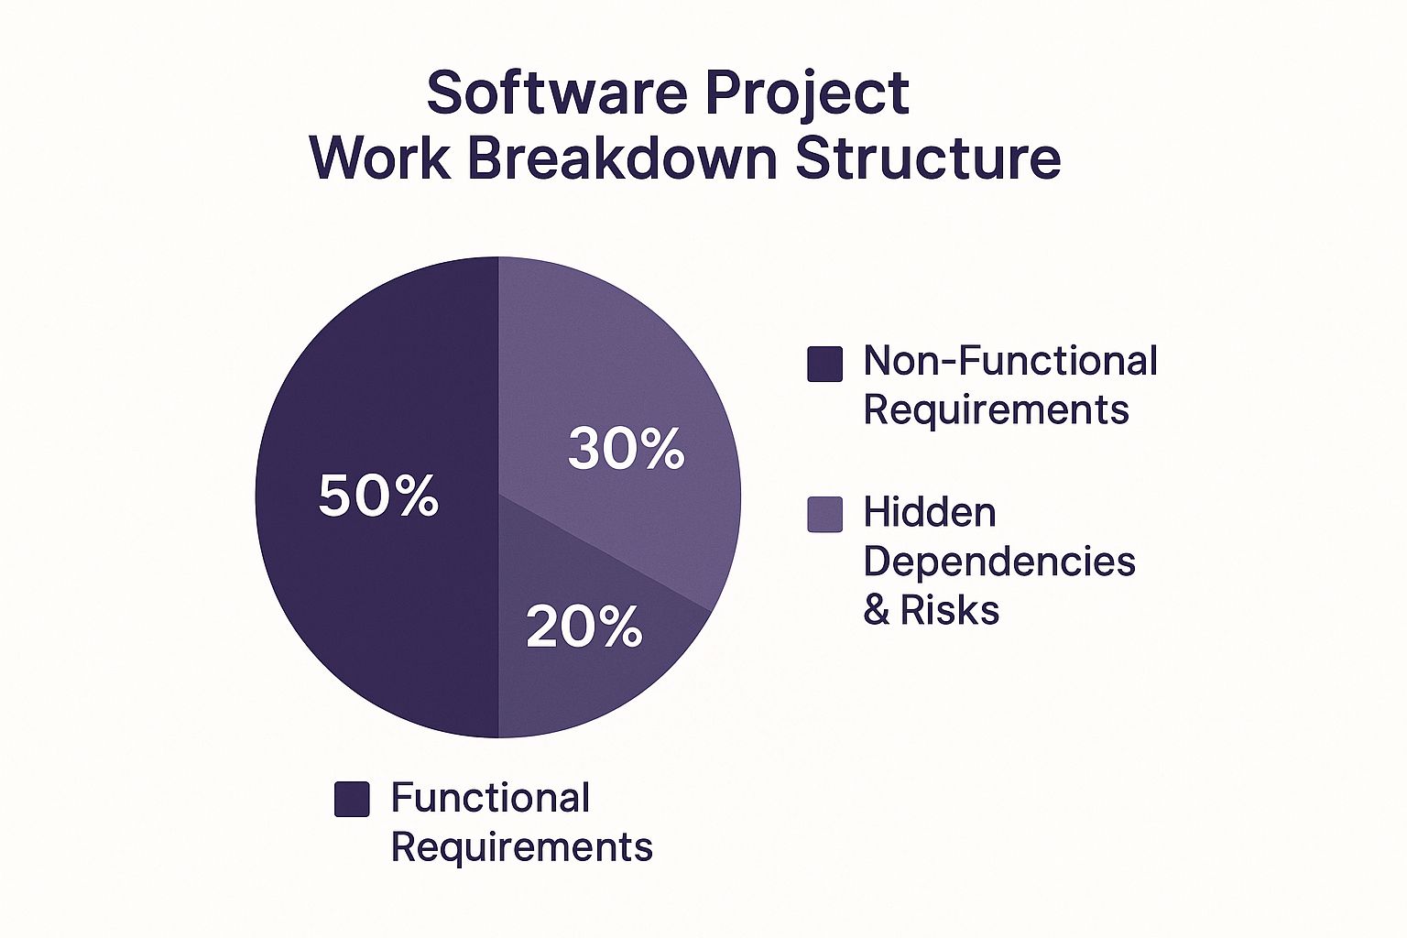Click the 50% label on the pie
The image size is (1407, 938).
378,496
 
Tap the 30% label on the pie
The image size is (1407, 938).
627,448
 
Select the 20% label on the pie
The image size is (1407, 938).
584,627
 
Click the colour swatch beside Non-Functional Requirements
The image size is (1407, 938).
824,364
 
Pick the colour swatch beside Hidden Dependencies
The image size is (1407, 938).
824,515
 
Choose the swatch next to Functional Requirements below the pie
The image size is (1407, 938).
352,799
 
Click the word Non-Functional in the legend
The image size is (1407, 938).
1010,361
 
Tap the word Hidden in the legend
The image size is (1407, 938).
930,512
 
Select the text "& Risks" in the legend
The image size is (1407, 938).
932,609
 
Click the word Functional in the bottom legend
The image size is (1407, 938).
491,797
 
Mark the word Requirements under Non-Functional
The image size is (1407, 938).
997,411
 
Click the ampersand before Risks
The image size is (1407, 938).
877,609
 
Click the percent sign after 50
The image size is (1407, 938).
417,496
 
